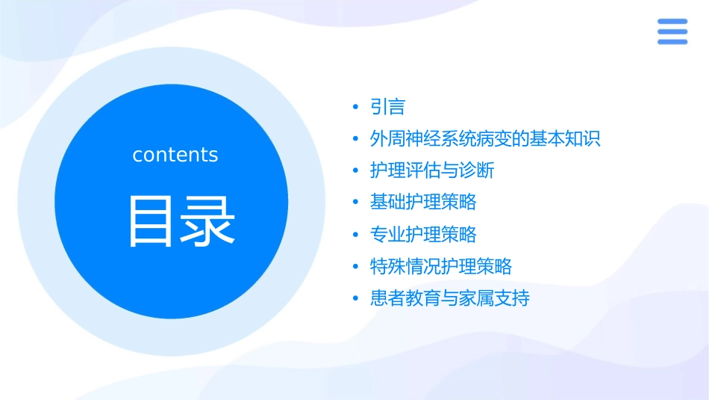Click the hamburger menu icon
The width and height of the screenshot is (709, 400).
tap(672, 31)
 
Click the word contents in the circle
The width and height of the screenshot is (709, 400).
tap(175, 155)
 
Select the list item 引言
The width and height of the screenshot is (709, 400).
tap(387, 108)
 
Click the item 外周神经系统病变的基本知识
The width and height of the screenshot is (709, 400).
tap(485, 139)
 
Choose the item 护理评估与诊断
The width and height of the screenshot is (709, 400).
tap(432, 171)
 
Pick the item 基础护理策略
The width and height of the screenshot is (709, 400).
tap(423, 203)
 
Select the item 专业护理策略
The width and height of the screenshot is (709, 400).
tap(423, 235)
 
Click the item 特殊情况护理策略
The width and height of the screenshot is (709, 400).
tap(441, 266)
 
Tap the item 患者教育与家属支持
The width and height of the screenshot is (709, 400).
tap(450, 298)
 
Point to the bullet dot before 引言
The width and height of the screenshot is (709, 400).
tap(356, 108)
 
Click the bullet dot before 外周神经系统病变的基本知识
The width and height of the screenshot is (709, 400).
tap(356, 140)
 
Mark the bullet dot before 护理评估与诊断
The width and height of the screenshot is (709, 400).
tap(356, 171)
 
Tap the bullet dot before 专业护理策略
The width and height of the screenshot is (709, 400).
tap(356, 235)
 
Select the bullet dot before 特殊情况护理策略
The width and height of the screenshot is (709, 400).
tap(356, 267)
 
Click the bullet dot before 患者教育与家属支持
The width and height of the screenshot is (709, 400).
tap(356, 298)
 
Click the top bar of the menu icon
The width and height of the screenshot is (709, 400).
tap(672, 21)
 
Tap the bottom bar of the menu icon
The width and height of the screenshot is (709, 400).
tap(672, 42)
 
